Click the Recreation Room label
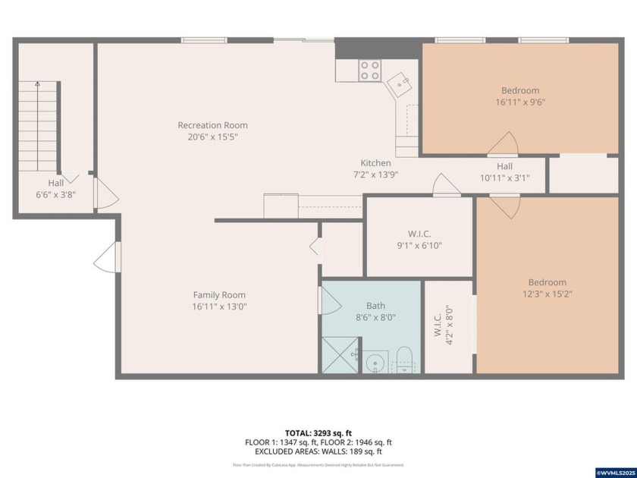tap(212, 125)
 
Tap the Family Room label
tap(219, 295)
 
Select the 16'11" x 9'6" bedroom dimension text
tap(520, 102)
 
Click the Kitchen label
tap(375, 163)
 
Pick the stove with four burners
tap(370, 71)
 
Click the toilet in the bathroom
tap(404, 359)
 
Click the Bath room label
tap(375, 306)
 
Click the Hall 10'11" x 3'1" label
tap(504, 172)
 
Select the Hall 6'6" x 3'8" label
tap(56, 189)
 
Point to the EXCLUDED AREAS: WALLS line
tap(318, 451)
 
